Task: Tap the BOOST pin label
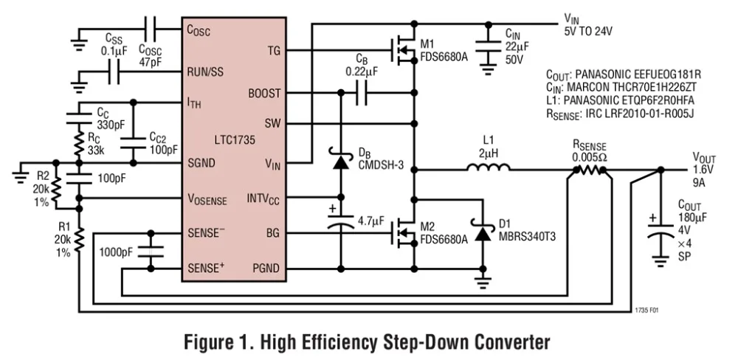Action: (263, 94)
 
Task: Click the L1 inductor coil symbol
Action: (487, 169)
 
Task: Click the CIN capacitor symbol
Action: (488, 45)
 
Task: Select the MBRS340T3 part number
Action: (527, 238)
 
